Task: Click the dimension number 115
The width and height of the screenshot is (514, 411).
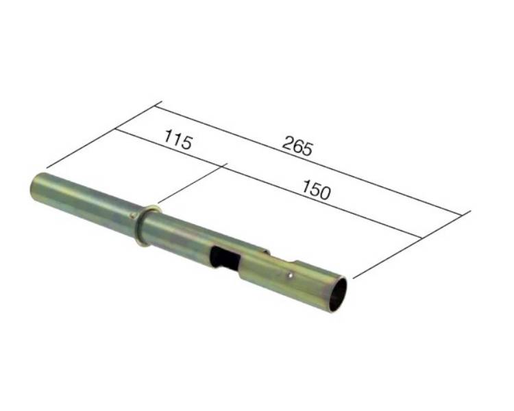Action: tap(178, 140)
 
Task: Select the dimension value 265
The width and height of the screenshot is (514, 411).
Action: tap(297, 145)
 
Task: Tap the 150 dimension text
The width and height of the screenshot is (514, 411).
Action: tap(316, 190)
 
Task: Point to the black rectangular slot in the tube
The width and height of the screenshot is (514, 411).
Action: tap(225, 258)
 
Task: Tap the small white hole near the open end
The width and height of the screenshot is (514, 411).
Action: tap(289, 276)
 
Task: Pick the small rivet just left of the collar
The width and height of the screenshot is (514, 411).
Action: tap(132, 215)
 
